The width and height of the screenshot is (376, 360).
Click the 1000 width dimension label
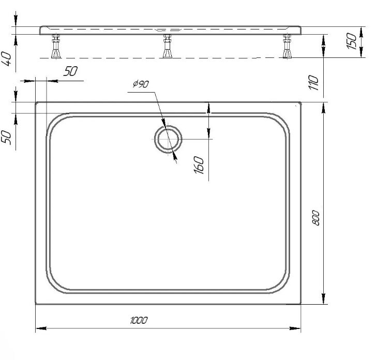[139, 320]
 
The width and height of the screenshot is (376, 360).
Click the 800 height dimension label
[316, 218]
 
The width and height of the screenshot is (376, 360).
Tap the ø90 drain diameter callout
[141, 84]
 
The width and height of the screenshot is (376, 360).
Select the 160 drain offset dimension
[199, 165]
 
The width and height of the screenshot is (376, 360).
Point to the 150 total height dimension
[352, 41]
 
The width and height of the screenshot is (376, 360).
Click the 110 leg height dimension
[313, 83]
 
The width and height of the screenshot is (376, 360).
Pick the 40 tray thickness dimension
[6, 59]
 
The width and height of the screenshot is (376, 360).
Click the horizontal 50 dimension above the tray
[71, 71]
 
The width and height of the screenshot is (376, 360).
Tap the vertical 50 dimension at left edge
[7, 138]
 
